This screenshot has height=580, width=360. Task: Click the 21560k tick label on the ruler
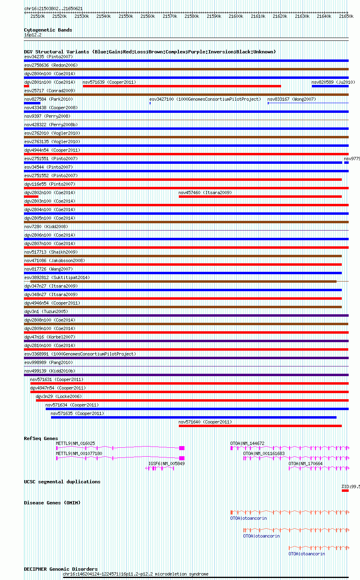coord(148,16)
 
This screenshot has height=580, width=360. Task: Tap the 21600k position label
coord(236,16)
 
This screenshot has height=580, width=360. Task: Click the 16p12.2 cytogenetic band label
coord(33,35)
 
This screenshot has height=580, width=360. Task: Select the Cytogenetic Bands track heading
coord(48,30)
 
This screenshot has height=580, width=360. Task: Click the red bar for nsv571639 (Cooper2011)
coord(182,86)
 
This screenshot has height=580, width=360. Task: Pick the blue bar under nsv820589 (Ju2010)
coord(330,86)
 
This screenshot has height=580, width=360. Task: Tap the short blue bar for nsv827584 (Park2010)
coord(32,103)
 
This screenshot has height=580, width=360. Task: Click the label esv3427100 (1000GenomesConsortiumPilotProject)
coord(205,99)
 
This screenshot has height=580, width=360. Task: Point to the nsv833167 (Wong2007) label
coord(292,99)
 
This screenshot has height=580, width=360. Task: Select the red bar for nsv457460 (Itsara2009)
coord(260,197)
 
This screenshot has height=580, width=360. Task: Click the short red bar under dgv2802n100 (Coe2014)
coord(31,197)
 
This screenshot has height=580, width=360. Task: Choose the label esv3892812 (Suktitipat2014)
coord(57,277)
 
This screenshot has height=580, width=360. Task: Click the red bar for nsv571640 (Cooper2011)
coord(260,426)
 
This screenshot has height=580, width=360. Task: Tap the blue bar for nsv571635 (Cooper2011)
coord(194,417)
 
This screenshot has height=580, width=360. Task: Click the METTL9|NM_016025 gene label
coord(75,443)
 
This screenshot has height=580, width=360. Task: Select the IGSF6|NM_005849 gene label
coord(167,464)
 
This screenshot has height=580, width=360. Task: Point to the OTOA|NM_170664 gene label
coord(306,464)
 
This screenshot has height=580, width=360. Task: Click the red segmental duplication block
coord(345,491)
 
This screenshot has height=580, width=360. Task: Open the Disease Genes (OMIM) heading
coord(52,503)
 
